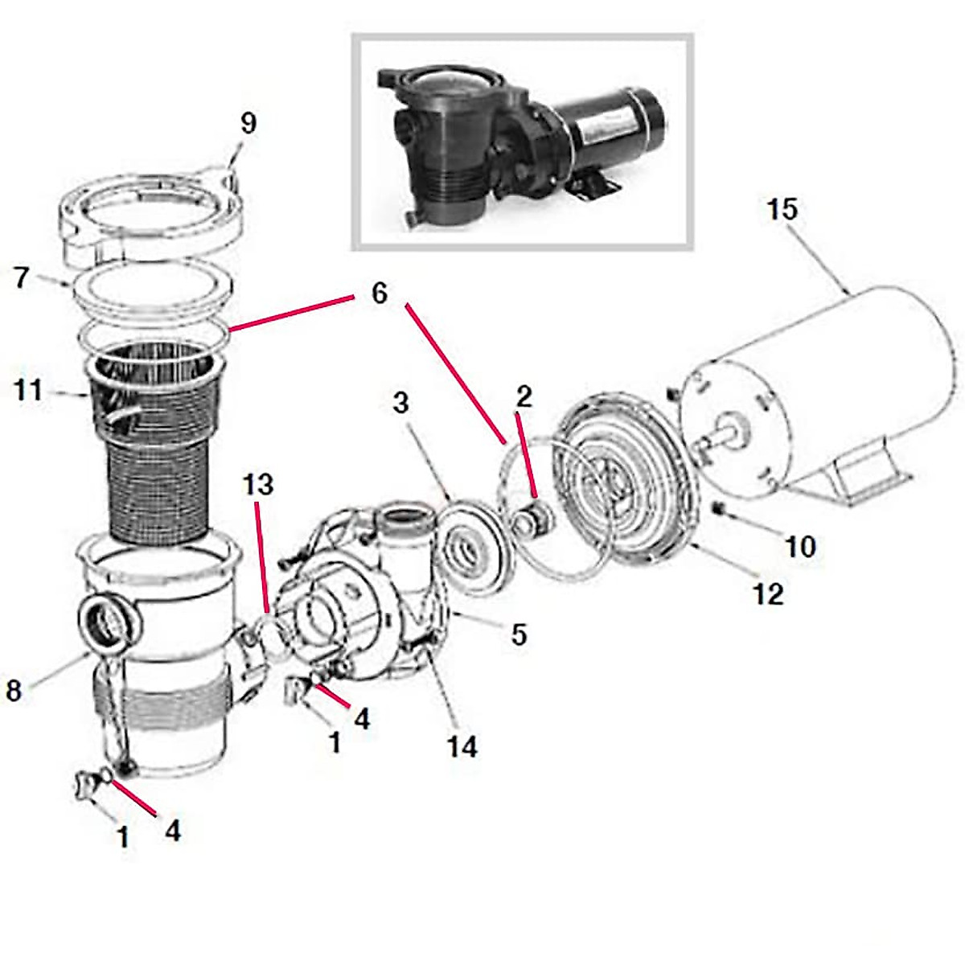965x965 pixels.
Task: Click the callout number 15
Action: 781,209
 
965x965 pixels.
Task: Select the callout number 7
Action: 22,277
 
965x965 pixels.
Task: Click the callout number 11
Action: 27,392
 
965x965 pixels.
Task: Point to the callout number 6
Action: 379,293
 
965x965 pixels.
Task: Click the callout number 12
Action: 768,594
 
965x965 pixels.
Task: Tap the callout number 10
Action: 800,546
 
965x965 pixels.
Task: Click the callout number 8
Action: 14,690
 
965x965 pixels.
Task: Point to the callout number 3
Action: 400,403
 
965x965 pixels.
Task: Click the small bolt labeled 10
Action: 719,507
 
